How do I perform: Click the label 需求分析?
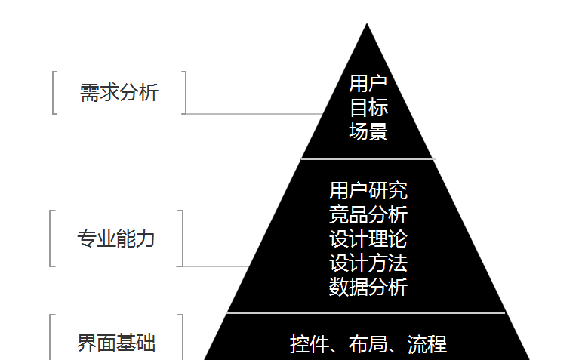119,93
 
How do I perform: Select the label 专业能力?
116,239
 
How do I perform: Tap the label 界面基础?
116,343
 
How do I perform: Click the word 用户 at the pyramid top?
368,83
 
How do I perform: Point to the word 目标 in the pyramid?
368,107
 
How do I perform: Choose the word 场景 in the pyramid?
368,131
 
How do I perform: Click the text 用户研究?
368,189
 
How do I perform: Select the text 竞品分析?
368,214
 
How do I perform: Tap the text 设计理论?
368,239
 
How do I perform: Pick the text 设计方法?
368,263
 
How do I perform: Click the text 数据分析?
368,288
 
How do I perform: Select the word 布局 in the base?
368,345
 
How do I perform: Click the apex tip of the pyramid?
367,26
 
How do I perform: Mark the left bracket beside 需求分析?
54,93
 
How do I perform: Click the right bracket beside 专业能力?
182,238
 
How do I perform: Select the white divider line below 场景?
368,159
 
